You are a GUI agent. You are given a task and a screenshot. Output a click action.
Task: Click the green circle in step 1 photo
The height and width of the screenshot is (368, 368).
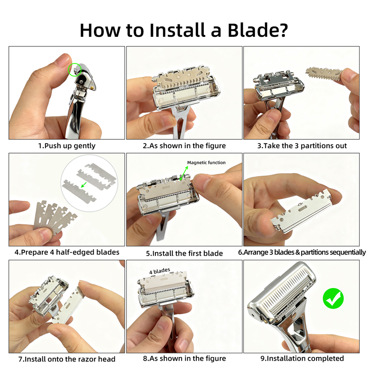(75, 69)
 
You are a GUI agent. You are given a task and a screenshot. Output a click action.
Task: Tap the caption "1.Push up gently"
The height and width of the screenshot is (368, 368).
(67, 146)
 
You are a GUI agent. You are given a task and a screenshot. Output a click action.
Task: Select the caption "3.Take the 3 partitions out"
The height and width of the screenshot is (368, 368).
(302, 146)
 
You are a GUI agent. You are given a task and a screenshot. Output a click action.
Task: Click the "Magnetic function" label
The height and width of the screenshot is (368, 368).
(207, 162)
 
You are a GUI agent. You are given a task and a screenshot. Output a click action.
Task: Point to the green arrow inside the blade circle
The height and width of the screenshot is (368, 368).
(83, 185)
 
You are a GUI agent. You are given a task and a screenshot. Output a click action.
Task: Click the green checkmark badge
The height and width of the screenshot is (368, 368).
(333, 298)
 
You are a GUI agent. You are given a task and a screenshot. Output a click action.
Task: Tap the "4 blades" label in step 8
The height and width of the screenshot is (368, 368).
(159, 270)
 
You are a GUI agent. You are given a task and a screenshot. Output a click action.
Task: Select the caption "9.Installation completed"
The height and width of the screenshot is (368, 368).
(302, 358)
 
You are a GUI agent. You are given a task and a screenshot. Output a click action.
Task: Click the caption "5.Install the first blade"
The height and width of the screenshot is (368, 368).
(184, 253)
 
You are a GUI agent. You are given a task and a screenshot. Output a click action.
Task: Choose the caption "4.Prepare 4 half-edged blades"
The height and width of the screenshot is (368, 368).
(67, 252)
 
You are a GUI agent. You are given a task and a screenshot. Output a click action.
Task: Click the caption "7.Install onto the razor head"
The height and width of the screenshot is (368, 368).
(67, 359)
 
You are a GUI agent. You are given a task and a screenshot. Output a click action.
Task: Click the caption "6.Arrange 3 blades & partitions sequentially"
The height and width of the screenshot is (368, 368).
(302, 252)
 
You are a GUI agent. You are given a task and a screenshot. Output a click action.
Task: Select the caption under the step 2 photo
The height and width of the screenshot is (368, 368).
(184, 146)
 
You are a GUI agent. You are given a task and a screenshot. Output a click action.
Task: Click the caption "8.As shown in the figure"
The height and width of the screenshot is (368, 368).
(184, 358)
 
